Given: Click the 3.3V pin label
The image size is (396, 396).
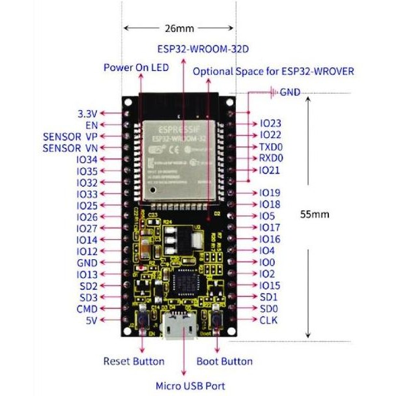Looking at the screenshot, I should tap(87, 113).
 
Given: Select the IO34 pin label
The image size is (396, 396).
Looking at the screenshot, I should tap(87, 160).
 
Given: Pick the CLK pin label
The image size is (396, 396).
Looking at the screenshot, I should tap(268, 320).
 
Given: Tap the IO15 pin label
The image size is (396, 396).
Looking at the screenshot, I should tap(270, 285).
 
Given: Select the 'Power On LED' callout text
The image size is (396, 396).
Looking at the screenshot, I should tap(136, 68).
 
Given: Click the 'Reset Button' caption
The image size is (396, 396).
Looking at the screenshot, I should tap(134, 361).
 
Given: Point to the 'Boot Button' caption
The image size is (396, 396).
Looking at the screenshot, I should tap(224, 361).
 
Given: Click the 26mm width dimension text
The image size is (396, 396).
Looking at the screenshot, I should tap(179, 29).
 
